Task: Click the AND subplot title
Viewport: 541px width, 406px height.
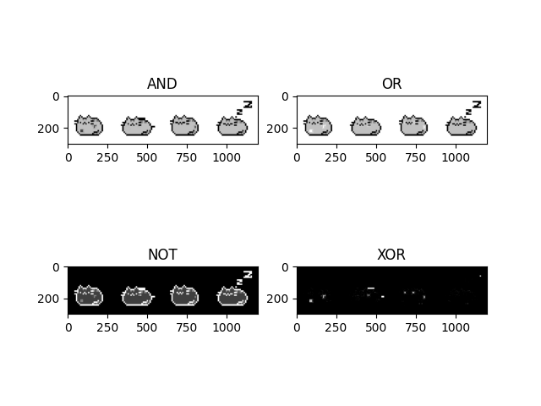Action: coord(162,84)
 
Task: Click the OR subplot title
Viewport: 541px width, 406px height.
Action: coord(391,84)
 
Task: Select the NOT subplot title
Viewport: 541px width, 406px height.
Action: coord(162,255)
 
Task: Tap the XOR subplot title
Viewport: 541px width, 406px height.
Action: coord(391,255)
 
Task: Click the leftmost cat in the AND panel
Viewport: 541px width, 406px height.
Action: coord(88,126)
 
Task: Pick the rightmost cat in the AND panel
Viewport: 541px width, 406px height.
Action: coord(232,127)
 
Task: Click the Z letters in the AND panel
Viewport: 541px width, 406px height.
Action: coord(245,107)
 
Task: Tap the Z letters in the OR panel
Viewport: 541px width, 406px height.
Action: coord(474,107)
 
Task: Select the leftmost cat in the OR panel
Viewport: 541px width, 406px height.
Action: coord(318,126)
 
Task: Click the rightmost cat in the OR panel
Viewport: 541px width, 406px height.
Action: coord(461,127)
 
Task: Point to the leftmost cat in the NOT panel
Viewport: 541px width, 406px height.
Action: coord(88,296)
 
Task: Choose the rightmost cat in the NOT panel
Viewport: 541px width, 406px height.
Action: coord(232,297)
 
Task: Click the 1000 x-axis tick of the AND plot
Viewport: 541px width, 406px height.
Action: coord(227,157)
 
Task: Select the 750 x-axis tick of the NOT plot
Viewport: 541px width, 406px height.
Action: coord(187,327)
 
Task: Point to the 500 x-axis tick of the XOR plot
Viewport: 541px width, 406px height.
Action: coord(376,327)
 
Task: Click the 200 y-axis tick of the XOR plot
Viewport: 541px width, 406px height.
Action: coord(281,299)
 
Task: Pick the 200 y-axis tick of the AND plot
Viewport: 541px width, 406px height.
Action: coord(52,129)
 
